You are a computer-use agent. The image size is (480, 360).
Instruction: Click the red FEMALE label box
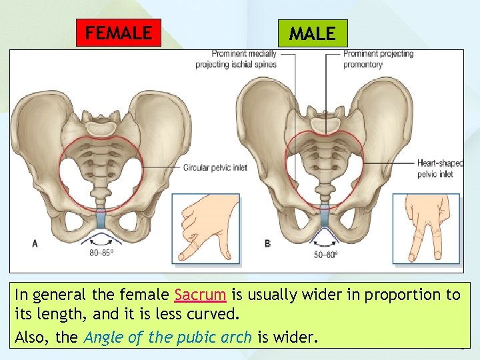(x=119, y=33)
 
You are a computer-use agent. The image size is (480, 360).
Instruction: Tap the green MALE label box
(x=312, y=33)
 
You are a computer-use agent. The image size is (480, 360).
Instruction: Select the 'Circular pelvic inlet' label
(x=215, y=167)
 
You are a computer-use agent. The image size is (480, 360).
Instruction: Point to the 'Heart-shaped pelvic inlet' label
(x=439, y=168)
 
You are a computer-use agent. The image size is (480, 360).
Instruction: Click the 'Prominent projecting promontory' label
(x=378, y=59)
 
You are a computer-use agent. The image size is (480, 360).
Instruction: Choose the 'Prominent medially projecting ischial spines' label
(x=245, y=59)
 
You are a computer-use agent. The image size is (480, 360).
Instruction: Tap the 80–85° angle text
(x=102, y=253)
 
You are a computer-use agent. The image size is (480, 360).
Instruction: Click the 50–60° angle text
(x=325, y=254)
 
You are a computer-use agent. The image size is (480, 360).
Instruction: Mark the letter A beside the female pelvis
(x=35, y=243)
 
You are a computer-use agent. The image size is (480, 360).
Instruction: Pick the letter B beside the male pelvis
(x=267, y=243)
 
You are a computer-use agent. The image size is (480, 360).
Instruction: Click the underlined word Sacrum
(x=200, y=295)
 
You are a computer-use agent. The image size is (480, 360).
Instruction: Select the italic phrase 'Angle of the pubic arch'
(x=168, y=337)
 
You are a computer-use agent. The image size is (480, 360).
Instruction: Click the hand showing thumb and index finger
(x=205, y=227)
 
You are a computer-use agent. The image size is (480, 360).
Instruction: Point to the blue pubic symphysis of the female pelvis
(x=101, y=217)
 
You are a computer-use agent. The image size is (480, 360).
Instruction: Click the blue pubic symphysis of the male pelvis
(x=323, y=216)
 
